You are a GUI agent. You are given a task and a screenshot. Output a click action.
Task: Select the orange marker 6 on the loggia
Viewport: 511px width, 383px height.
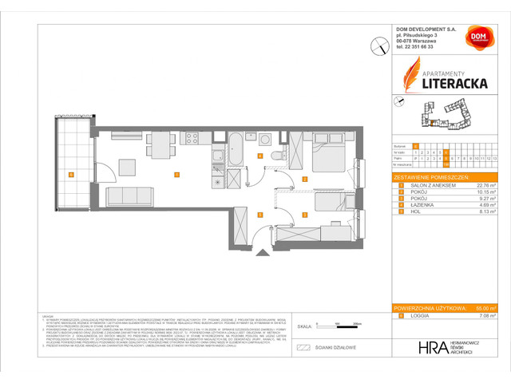tap(71, 175)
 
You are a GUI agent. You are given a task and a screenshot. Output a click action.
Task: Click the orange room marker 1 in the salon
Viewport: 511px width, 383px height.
tap(176, 175)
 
